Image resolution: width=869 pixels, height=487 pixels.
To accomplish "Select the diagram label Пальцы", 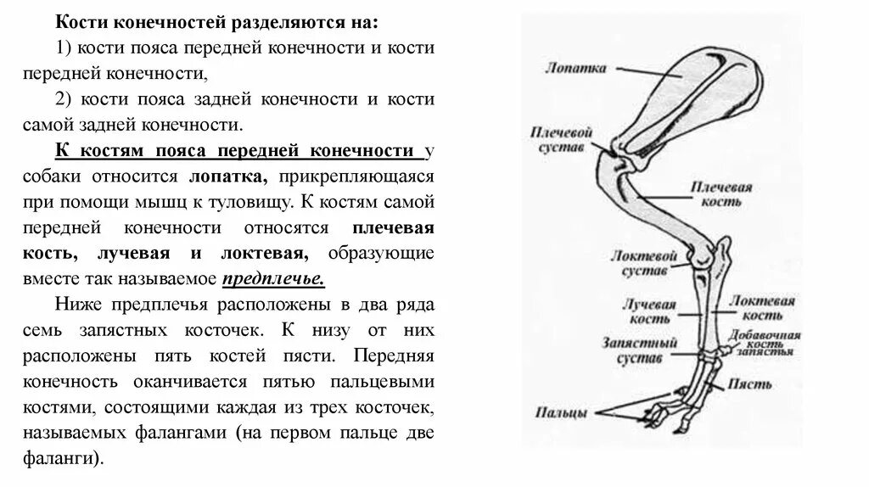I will (x=562, y=413).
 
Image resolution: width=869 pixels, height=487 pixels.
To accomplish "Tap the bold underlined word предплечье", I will (x=273, y=278).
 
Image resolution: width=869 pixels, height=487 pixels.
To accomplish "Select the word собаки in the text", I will (x=83, y=177).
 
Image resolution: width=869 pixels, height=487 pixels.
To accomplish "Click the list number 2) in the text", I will (x=64, y=99).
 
